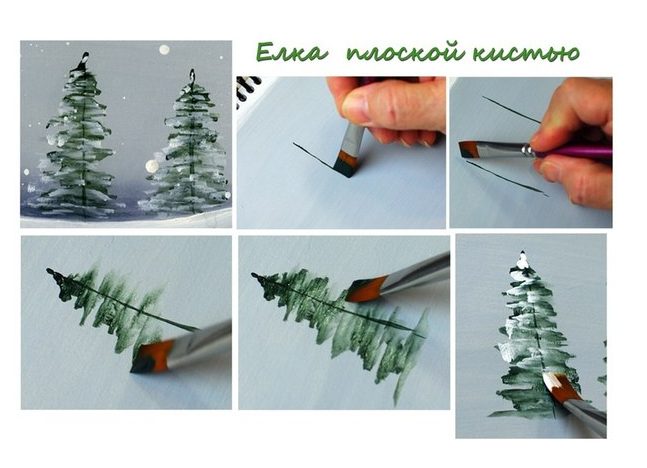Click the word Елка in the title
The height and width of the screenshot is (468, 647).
292,53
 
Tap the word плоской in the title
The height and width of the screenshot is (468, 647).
405,52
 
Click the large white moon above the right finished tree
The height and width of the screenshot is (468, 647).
164,50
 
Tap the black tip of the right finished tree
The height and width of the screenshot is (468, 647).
192,75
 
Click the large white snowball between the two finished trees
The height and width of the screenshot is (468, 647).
152,166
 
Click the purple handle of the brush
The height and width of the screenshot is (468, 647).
573,152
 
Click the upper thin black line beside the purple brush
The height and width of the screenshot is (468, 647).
511,109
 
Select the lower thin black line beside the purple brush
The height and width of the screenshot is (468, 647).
507,178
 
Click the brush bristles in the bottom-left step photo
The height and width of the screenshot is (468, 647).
152,357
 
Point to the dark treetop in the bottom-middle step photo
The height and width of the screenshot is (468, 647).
264,284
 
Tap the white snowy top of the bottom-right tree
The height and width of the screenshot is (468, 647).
523,261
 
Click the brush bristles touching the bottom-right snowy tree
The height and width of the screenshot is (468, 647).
560,387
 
